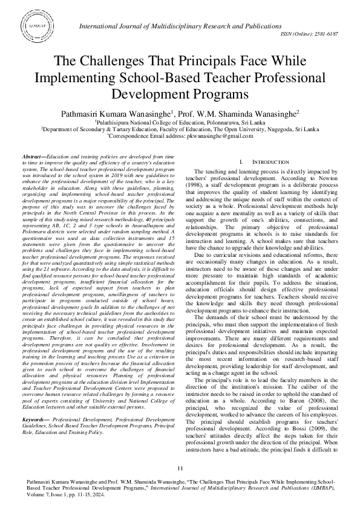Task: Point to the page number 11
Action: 180,470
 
